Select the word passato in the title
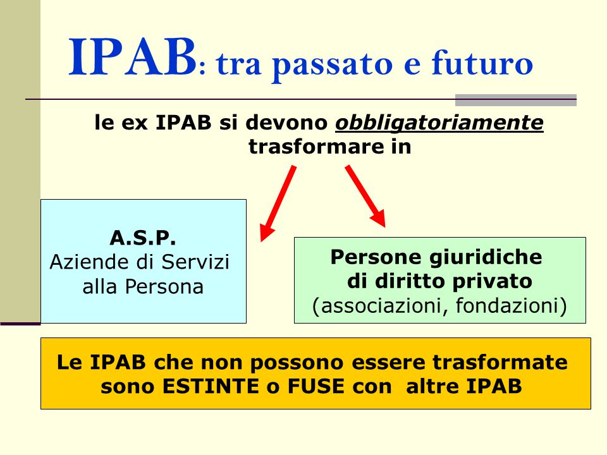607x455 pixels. (333, 65)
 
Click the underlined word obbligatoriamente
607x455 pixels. (439, 123)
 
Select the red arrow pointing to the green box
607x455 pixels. (365, 196)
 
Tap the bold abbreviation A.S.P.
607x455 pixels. (143, 238)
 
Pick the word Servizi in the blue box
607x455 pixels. (195, 262)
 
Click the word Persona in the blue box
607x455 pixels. (164, 287)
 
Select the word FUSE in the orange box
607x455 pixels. (316, 386)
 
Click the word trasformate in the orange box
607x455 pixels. (500, 363)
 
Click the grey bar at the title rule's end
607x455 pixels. (516, 100)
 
